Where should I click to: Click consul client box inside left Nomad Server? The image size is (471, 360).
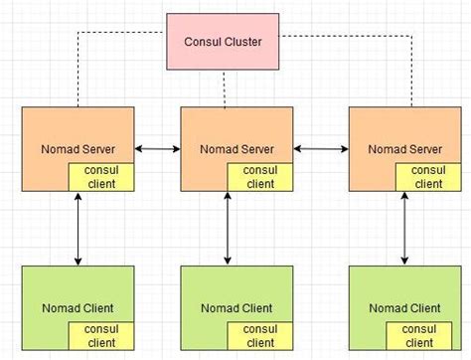(x=99, y=177)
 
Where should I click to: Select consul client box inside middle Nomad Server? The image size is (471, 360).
(x=259, y=177)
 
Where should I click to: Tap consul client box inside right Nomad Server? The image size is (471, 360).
(x=428, y=177)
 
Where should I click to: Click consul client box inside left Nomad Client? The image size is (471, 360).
(x=99, y=336)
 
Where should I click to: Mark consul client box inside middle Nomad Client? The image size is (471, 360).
(x=259, y=336)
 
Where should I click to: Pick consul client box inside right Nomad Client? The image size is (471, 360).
(x=428, y=336)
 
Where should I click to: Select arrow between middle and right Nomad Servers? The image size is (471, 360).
(x=320, y=149)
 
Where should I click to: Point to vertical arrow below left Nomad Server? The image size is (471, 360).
(x=78, y=229)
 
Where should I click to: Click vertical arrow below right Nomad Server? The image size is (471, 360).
(x=405, y=229)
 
